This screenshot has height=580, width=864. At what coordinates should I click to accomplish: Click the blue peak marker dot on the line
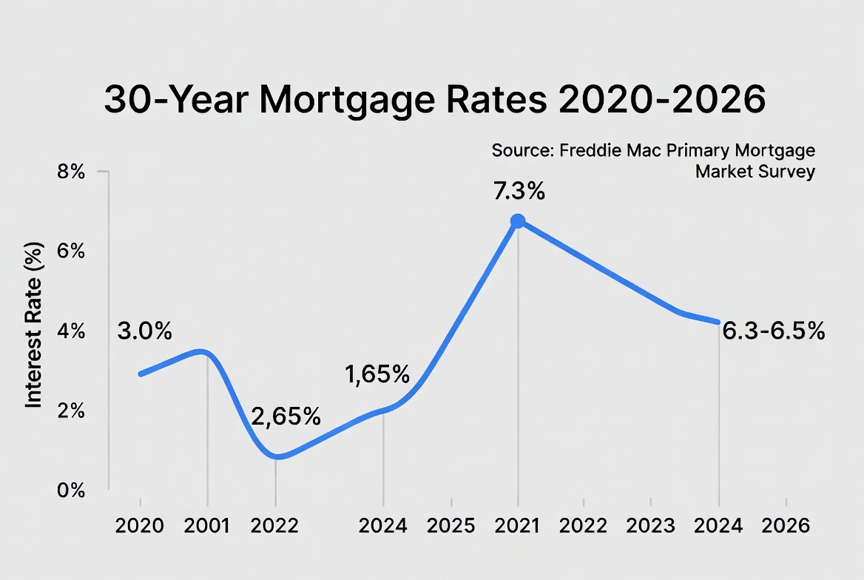(518, 220)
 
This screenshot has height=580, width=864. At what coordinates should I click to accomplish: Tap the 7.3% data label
(519, 192)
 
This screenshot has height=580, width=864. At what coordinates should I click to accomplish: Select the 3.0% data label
(144, 331)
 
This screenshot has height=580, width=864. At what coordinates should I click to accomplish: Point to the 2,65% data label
(286, 417)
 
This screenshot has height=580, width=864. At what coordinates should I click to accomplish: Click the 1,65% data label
(377, 374)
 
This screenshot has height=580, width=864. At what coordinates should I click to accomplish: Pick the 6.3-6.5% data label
(773, 331)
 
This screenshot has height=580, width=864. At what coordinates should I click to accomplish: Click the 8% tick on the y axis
(72, 172)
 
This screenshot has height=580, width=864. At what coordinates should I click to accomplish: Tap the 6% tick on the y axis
(72, 252)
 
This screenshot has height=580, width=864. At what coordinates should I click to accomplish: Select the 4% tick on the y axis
(72, 332)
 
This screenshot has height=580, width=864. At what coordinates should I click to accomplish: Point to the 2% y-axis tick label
(72, 412)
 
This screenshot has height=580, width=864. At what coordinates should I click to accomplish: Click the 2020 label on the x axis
(141, 526)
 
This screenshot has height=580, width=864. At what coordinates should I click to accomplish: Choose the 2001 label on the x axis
(208, 526)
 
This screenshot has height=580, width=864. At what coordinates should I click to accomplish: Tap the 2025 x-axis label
(450, 526)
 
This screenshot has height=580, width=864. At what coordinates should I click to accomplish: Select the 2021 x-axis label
(518, 526)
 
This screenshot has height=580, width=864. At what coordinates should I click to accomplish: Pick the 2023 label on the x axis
(651, 526)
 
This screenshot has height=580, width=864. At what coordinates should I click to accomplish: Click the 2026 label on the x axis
(786, 526)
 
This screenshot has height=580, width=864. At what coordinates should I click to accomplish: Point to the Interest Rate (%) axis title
(33, 326)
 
